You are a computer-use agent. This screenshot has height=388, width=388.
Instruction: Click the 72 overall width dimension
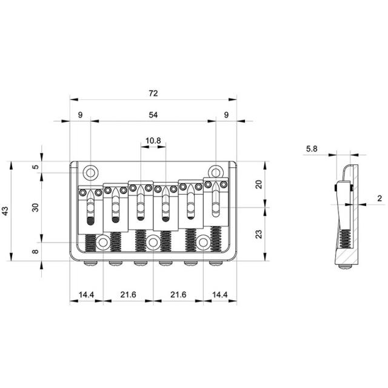coord(153,93)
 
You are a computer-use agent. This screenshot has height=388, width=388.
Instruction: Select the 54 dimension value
coord(153,115)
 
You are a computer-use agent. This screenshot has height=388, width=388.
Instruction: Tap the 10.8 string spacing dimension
coord(153,141)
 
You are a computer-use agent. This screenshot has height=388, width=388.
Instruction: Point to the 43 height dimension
coord(5,211)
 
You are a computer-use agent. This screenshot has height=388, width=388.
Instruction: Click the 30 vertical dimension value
coord(36,207)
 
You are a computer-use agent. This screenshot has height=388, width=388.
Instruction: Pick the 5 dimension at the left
coord(36,167)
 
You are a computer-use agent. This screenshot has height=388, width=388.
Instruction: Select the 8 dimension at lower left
coord(36,252)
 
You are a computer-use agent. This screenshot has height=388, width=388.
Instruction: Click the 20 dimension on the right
coord(258,184)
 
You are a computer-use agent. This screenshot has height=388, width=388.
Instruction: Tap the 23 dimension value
coord(258,234)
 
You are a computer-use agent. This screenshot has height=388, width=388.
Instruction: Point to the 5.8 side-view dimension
coord(312,149)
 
